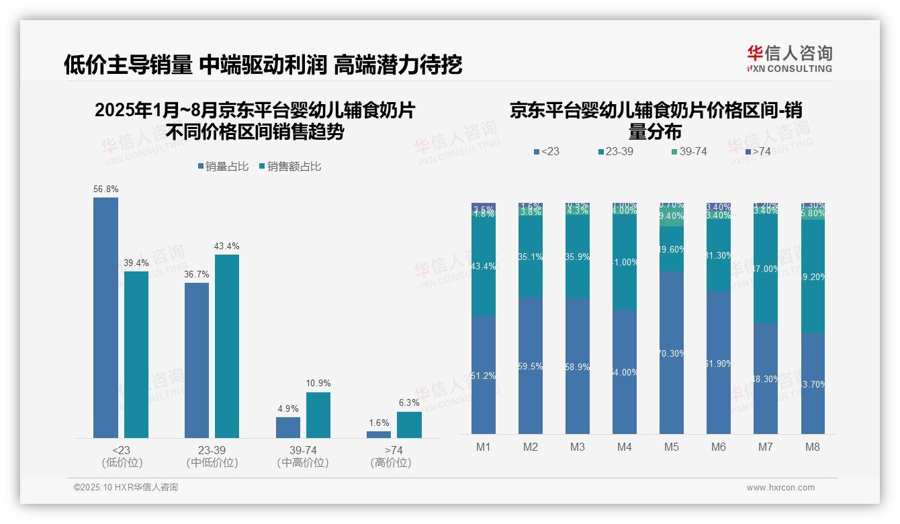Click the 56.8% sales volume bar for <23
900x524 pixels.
[x=105, y=317]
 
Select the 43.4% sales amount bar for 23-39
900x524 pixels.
[x=227, y=346]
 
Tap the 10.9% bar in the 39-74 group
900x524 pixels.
[x=318, y=415]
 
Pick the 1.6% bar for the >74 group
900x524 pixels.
[x=379, y=435]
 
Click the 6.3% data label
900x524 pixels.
[x=408, y=403]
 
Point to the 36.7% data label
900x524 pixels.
[x=197, y=275]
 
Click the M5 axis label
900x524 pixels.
[x=672, y=447]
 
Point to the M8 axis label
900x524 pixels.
[x=813, y=447]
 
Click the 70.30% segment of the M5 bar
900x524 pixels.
[x=672, y=353]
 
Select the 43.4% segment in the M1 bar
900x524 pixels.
[x=484, y=267]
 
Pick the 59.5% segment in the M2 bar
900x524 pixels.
[x=531, y=366]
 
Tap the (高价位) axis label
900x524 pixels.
[x=390, y=463]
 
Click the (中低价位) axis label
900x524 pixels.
[x=212, y=463]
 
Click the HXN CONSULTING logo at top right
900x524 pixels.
[x=789, y=59]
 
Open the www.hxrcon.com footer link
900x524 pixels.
[x=780, y=488]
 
